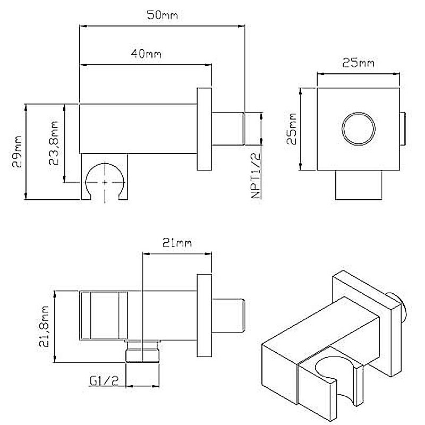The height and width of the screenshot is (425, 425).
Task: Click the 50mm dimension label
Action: click(162, 15)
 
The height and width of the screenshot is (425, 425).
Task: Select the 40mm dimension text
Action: click(146, 54)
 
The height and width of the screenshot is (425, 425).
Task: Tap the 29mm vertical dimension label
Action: click(18, 151)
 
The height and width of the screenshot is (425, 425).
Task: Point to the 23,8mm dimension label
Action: click(54, 143)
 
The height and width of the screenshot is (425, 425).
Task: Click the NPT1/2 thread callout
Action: click(256, 176)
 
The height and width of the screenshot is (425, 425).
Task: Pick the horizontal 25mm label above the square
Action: click(358, 63)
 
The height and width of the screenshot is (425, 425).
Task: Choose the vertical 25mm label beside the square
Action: click(291, 129)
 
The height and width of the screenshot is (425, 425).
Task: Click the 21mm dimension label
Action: click(177, 243)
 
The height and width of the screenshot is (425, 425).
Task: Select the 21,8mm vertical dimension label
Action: click(44, 327)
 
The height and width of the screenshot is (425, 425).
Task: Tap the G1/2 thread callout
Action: click(104, 381)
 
